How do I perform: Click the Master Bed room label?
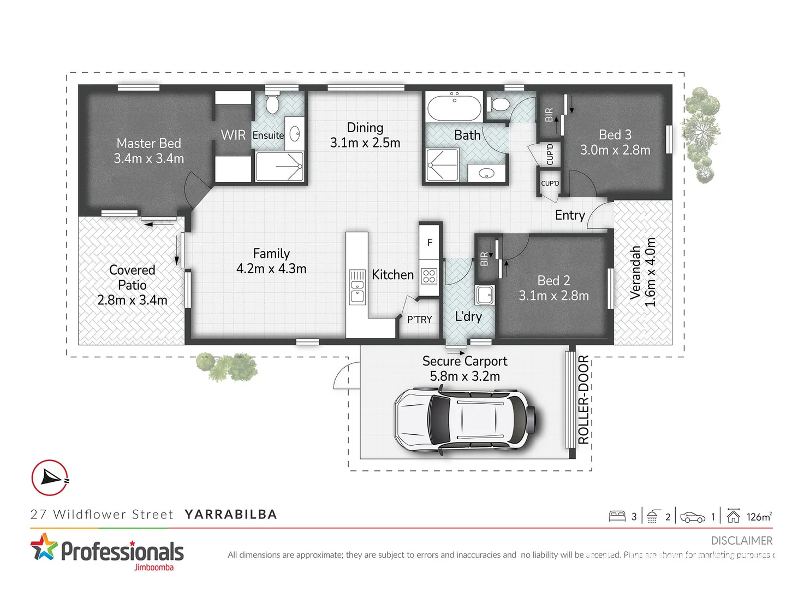click(148, 143)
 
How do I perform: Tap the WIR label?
click(233, 135)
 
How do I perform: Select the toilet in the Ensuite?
click(272, 103)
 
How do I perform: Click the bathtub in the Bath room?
click(454, 108)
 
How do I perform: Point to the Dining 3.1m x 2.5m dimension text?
click(365, 143)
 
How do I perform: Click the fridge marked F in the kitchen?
click(430, 243)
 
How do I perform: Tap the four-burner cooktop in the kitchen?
click(429, 276)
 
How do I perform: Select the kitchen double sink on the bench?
click(357, 286)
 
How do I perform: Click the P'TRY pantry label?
click(419, 320)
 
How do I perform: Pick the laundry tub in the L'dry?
click(484, 295)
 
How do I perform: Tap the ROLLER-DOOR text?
click(583, 399)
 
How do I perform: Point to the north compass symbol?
click(50, 477)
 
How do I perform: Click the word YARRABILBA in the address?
click(230, 515)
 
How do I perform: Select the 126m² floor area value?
click(759, 517)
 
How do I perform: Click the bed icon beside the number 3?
click(617, 516)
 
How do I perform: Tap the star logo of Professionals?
click(44, 547)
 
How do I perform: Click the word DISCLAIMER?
click(741, 540)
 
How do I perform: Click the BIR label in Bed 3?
click(549, 114)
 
